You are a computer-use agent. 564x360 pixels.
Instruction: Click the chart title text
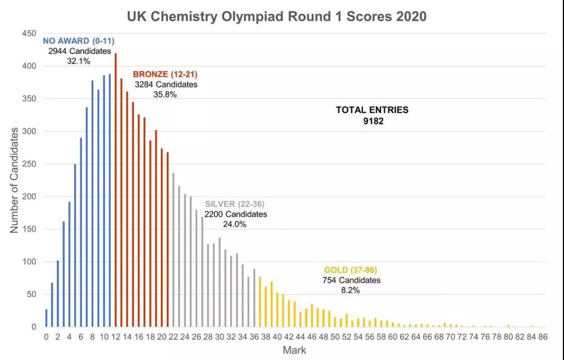tap(276, 16)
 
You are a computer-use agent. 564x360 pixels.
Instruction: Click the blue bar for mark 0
tap(46, 318)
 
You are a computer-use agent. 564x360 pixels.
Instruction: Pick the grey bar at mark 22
tap(173, 250)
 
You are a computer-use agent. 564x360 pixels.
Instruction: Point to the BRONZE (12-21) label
tap(165, 74)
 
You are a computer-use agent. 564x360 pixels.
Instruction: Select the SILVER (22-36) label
tap(235, 204)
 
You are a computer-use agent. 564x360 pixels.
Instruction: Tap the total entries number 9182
tap(373, 120)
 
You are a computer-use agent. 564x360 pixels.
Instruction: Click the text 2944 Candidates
tap(80, 51)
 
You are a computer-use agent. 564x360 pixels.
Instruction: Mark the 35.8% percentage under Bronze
tap(165, 94)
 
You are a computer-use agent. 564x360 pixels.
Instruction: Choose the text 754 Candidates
tap(352, 280)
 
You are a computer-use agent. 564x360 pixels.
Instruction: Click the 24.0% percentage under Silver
tap(235, 224)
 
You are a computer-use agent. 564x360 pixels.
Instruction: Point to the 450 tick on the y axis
tap(29, 34)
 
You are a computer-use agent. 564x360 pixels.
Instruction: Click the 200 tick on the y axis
tap(29, 197)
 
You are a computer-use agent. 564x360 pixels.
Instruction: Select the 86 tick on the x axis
tap(543, 337)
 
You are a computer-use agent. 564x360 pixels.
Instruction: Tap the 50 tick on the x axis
tap(335, 337)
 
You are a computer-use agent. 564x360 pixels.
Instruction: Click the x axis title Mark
tap(294, 350)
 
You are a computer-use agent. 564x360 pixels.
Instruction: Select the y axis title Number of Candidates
tap(14, 180)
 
